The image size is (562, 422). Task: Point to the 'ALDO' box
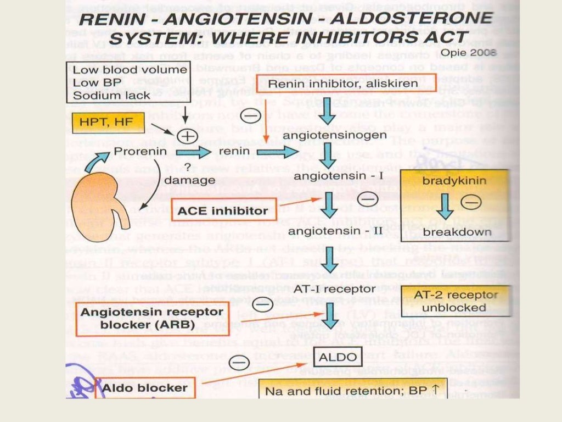click(x=339, y=358)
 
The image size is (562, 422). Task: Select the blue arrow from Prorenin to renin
click(x=193, y=152)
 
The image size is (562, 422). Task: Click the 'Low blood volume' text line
click(x=130, y=70)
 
